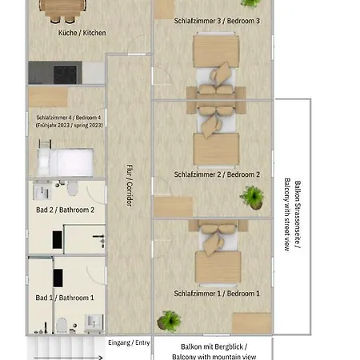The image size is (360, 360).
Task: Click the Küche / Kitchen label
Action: [x=82, y=33]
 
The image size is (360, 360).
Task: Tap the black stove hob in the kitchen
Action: [x=65, y=74]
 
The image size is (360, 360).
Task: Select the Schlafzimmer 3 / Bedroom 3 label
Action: [x=217, y=21]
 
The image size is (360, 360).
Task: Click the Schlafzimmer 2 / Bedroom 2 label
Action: [x=217, y=174]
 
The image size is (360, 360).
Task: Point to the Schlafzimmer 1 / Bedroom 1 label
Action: [x=217, y=294]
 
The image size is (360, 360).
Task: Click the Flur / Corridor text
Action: [x=130, y=185]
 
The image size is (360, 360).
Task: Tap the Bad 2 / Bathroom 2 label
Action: [x=66, y=210]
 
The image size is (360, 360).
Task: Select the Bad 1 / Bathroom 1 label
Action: [x=65, y=298]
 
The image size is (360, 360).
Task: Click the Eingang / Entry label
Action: [x=129, y=342]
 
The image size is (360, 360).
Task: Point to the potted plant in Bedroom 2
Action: [x=253, y=198]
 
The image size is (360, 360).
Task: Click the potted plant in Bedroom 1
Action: [x=169, y=321]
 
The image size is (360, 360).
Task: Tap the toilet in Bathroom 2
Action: [x=73, y=188]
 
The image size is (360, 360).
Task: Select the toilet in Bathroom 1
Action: [x=62, y=326]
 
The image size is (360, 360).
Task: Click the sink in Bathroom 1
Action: [x=94, y=322]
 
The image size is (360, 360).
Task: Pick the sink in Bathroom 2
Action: [x=42, y=191]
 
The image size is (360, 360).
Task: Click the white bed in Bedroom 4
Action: [x=66, y=162]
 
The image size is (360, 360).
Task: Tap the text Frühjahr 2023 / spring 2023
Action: [x=70, y=125]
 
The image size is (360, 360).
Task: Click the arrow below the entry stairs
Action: [x=68, y=358]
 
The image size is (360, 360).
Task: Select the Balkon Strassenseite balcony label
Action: [x=293, y=214]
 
